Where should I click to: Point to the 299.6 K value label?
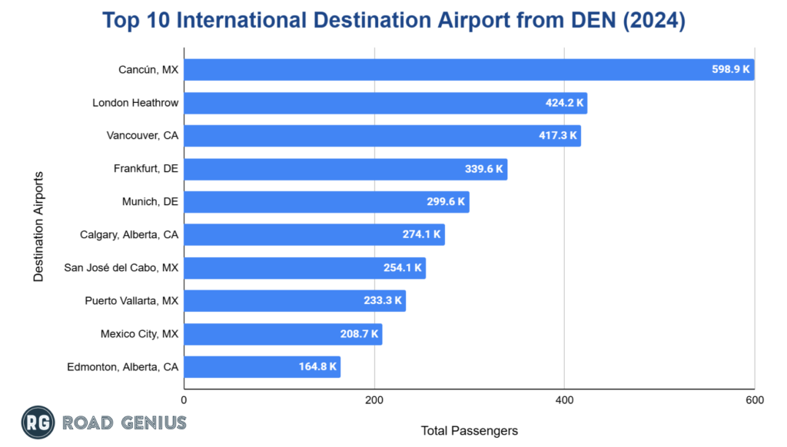446,202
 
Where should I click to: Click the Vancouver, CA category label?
142,136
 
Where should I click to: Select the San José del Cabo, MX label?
121,267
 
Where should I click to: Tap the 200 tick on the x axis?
374,400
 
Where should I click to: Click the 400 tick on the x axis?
564,400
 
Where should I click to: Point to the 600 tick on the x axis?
754,400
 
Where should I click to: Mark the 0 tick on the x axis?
184,400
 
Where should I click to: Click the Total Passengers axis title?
469,431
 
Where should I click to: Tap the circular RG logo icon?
37,422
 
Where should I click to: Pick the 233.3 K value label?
383,301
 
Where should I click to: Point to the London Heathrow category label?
135,103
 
